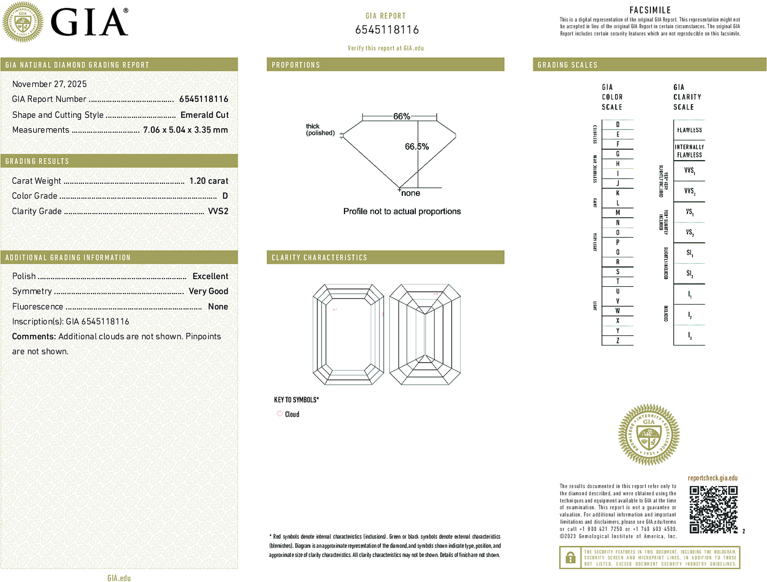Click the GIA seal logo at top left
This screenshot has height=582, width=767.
tap(23, 22)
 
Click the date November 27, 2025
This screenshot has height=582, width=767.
tap(50, 84)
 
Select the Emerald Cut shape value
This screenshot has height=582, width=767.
tap(204, 115)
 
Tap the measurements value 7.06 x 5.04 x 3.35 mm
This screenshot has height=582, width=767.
tap(185, 130)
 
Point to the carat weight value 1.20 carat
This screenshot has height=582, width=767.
tap(208, 181)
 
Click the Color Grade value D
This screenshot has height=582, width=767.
tap(225, 196)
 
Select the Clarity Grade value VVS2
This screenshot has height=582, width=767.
tap(218, 211)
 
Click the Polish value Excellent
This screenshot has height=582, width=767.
tap(210, 276)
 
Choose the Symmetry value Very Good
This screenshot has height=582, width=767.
tap(208, 291)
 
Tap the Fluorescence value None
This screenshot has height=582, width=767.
tap(218, 307)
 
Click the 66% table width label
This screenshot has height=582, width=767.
tap(401, 116)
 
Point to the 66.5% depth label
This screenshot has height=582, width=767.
tap(416, 147)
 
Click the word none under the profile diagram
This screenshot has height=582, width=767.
tap(411, 193)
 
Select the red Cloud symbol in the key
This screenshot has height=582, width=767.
tap(280, 414)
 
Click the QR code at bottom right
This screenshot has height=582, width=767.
tap(713, 509)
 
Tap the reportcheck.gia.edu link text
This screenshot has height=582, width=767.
tap(713, 478)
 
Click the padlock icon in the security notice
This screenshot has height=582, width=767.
tap(570, 557)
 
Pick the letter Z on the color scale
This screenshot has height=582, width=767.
tap(618, 341)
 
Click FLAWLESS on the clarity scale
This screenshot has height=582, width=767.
tap(689, 130)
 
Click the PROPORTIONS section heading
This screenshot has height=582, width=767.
tap(296, 65)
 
